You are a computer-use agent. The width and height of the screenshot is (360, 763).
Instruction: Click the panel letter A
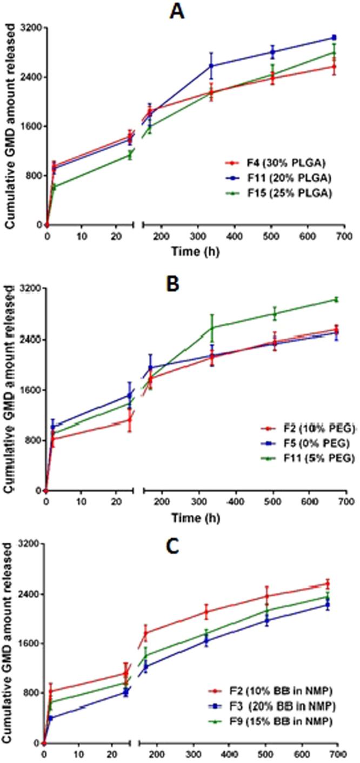[x=177, y=11]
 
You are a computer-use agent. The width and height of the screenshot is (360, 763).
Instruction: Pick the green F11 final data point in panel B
[x=336, y=300]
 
